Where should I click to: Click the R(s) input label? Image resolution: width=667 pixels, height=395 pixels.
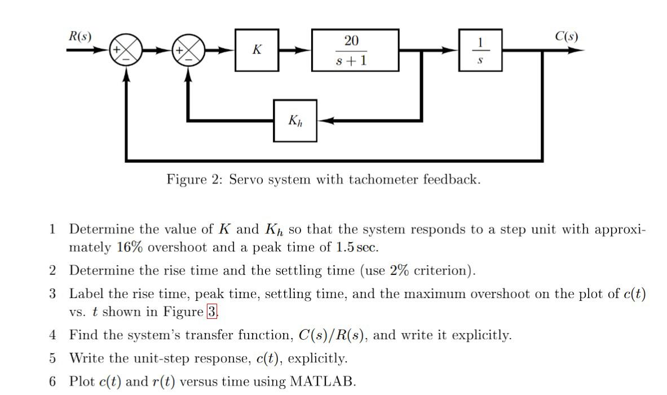click(x=79, y=37)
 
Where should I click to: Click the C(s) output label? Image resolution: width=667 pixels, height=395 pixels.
click(x=566, y=37)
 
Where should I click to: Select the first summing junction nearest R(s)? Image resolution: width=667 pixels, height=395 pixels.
click(x=127, y=50)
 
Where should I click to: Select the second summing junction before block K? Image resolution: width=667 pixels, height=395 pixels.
click(x=190, y=50)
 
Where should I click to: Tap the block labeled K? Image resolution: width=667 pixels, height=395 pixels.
click(x=257, y=50)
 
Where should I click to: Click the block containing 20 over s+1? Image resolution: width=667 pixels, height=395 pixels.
click(x=355, y=50)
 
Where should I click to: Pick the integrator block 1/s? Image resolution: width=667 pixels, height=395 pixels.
click(x=480, y=50)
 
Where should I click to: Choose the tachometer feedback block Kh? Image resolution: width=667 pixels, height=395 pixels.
click(x=295, y=121)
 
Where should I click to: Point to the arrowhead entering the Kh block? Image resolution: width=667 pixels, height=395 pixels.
click(x=324, y=121)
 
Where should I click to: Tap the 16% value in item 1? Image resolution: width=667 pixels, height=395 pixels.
click(x=129, y=247)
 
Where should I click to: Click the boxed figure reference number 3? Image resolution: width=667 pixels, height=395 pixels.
click(x=212, y=312)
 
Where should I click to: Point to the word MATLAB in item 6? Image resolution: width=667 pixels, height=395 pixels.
click(x=321, y=381)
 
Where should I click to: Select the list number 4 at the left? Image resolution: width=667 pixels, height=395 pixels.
click(x=52, y=335)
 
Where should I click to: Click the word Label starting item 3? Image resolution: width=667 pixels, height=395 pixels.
click(x=86, y=294)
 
